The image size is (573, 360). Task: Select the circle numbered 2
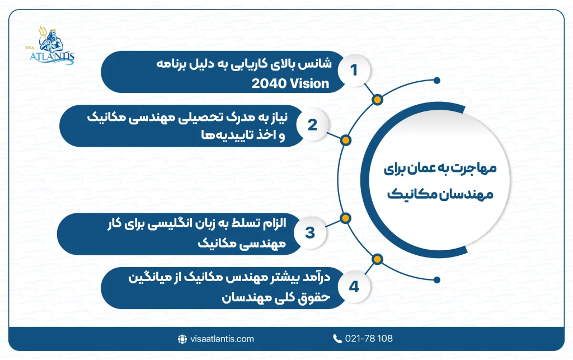pos(312,124)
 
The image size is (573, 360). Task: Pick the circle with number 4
pos(353,287)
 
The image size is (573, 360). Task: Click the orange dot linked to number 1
pos(377,100)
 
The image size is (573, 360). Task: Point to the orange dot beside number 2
pos(346,139)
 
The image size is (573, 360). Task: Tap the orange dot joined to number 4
pos(377,259)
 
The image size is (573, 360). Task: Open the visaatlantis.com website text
pos(222,339)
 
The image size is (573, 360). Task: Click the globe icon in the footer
pos(182,339)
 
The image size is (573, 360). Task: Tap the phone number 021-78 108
pos(369,339)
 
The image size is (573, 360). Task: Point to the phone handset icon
pos(337,339)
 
